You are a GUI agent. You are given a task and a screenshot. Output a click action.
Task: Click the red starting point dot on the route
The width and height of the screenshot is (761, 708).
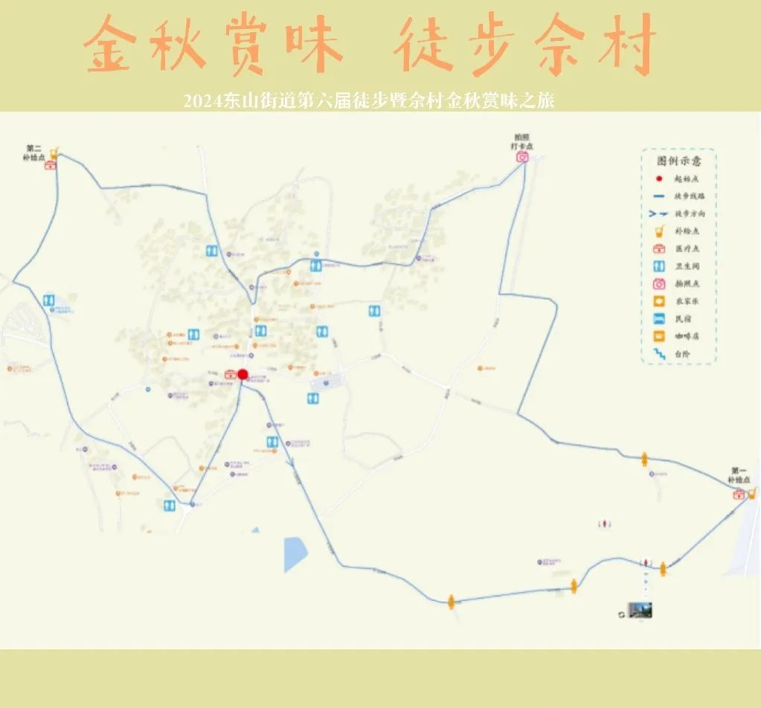point(243,374)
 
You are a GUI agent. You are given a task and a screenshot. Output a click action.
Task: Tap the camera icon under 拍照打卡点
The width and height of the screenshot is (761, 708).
point(523,156)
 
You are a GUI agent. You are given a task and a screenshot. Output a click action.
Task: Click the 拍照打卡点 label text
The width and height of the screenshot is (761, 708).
point(522,142)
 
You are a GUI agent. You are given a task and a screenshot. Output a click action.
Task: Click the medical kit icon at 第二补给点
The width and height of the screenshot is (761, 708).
point(51,165)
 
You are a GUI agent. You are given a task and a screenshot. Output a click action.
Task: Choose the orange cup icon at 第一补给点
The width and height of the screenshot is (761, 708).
point(751,492)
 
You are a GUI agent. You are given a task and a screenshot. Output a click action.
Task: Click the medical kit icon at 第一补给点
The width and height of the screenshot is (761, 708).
point(739,495)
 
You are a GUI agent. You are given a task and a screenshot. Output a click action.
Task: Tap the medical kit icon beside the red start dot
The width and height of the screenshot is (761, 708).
point(231,375)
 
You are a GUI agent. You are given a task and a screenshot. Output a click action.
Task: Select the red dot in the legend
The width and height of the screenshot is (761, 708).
point(659,178)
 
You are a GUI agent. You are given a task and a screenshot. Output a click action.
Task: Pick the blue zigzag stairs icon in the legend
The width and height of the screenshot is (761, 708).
point(659,355)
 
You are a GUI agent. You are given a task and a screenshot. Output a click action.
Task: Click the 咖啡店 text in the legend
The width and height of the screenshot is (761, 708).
point(687,337)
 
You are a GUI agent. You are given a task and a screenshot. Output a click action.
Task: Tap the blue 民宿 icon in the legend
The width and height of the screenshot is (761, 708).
point(659,319)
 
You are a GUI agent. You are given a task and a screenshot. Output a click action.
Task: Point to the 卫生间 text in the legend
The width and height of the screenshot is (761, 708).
point(687,266)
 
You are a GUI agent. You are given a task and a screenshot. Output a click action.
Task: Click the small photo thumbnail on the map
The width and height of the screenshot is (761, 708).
point(640,610)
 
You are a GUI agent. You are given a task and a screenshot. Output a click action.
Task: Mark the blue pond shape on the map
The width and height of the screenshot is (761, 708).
point(295,553)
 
